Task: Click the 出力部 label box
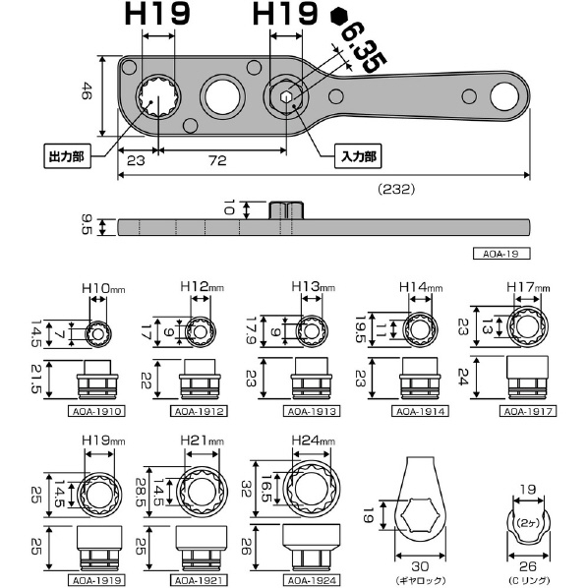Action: point(68,156)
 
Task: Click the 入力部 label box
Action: point(358,156)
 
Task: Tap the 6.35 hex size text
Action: point(363,47)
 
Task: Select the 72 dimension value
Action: point(218,160)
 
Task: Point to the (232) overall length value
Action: point(396,189)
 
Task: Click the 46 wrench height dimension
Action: point(87,90)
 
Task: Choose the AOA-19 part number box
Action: point(501,254)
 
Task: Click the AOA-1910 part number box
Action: point(96,411)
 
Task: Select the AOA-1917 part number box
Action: point(528,411)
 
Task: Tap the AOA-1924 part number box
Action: point(312,580)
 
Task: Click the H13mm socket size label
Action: point(313,287)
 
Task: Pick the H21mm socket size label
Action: point(203,441)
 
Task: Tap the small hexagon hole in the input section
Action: point(286,96)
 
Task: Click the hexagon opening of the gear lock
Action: point(420,515)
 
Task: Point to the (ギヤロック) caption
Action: point(421,580)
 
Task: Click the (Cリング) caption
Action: point(529,580)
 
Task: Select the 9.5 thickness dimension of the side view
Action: point(87,224)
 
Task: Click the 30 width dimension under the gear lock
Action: point(420,566)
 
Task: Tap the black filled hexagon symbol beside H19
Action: point(340,17)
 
